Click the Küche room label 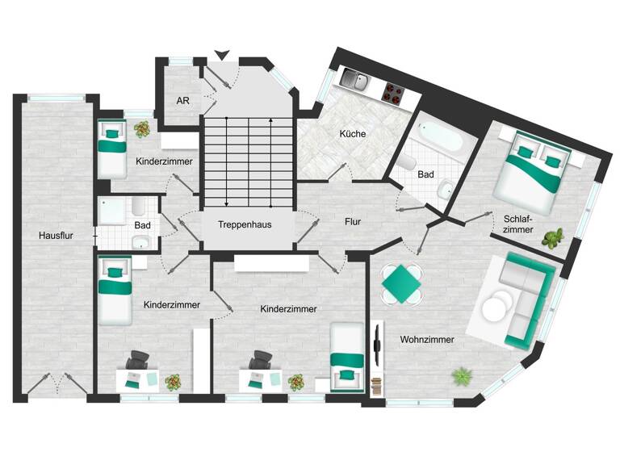coord(353,134)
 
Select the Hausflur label coord(56,236)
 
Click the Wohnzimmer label coord(427,340)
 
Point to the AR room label coord(183,102)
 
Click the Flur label coord(352,220)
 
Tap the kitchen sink coord(354,78)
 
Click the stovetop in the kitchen coord(392,94)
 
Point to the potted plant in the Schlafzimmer coord(553,237)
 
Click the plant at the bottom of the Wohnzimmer coord(463,375)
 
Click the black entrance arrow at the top coord(222,55)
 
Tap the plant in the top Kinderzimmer coord(142,128)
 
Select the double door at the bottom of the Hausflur coord(57,384)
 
